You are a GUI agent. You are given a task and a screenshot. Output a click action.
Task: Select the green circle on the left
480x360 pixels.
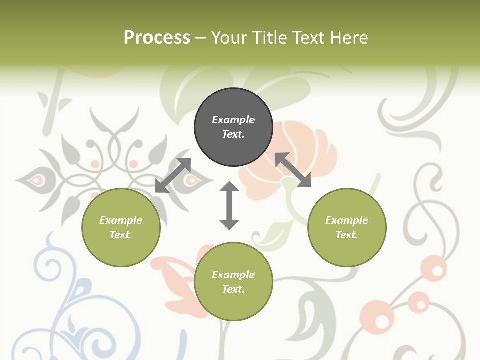pyautogui.click(x=121, y=227)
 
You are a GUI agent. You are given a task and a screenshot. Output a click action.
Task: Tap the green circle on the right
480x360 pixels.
pyautogui.click(x=347, y=227)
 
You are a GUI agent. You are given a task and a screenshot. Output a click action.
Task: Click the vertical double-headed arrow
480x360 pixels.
pyautogui.click(x=229, y=205)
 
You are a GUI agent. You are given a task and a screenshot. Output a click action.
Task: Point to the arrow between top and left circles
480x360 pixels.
pyautogui.click(x=173, y=175)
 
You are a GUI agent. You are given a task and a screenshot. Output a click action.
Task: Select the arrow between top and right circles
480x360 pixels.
pyautogui.click(x=293, y=170)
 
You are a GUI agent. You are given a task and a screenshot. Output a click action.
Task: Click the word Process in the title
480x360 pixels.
pyautogui.click(x=157, y=37)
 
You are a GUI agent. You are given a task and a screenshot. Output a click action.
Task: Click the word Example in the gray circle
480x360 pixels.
pyautogui.click(x=233, y=120)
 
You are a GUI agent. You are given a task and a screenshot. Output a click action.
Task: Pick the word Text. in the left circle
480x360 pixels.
pyautogui.click(x=121, y=235)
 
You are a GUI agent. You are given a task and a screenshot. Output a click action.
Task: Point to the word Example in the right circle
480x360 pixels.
pyautogui.click(x=347, y=220)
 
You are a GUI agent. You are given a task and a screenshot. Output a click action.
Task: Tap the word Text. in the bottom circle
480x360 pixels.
pyautogui.click(x=233, y=289)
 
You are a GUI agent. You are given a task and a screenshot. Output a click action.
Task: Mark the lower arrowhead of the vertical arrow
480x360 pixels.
pyautogui.click(x=229, y=224)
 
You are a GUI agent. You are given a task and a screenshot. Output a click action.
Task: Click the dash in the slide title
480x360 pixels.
pyautogui.click(x=201, y=37)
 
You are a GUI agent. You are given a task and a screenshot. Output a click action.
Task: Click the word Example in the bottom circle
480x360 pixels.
pyautogui.click(x=233, y=275)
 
